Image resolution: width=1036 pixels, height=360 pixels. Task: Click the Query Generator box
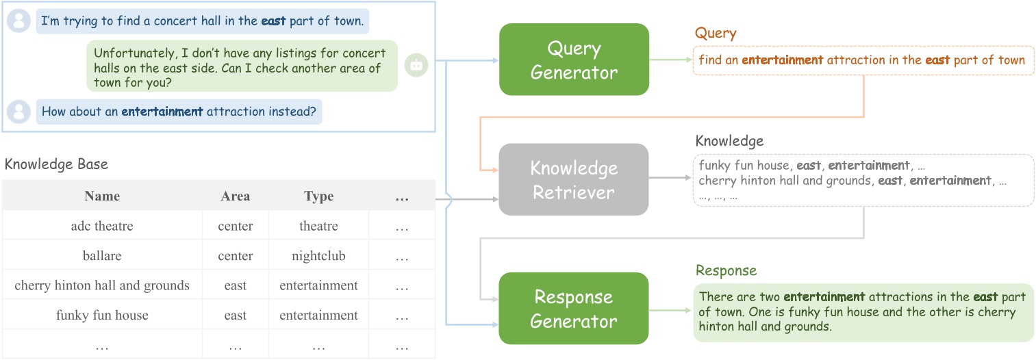[574, 60]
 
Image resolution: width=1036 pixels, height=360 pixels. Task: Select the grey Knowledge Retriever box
[574, 180]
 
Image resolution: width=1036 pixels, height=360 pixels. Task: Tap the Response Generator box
[574, 309]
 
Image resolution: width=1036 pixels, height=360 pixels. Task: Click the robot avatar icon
[416, 65]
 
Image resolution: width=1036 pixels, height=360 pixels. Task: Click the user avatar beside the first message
[19, 21]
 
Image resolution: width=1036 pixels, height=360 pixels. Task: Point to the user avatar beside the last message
[19, 111]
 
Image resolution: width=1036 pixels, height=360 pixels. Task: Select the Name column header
[102, 196]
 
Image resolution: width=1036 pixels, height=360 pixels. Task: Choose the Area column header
[235, 196]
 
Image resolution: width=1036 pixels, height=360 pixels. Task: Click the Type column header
[318, 196]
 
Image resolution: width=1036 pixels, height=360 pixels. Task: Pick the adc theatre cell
[102, 226]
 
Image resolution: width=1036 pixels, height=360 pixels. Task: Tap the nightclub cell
[318, 256]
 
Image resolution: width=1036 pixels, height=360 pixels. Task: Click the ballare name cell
[102, 256]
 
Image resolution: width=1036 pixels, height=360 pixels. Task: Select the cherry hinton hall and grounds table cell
[102, 285]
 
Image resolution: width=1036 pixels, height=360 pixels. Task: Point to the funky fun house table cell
[102, 316]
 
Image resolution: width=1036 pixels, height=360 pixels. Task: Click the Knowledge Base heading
[56, 165]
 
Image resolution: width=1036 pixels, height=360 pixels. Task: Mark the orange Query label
[716, 34]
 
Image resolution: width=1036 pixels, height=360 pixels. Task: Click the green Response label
[726, 270]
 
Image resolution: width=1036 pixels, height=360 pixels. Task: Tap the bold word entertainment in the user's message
[162, 111]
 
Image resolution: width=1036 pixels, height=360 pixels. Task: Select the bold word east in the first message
[273, 21]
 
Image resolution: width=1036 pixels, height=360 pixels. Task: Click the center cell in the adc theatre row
[235, 226]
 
